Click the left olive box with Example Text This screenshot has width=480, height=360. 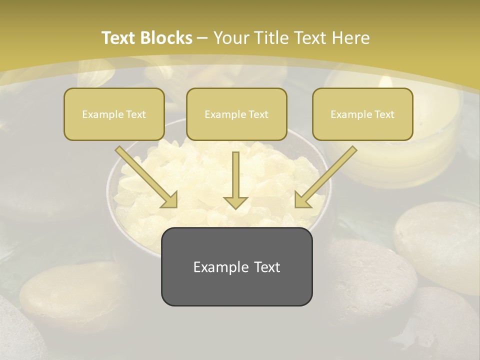point(114,114)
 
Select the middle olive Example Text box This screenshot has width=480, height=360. point(236,114)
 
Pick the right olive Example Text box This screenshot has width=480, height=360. point(362,114)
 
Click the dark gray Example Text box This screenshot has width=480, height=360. point(236,266)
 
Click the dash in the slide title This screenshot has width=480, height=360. point(202,38)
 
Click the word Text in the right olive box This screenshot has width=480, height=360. point(384,114)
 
